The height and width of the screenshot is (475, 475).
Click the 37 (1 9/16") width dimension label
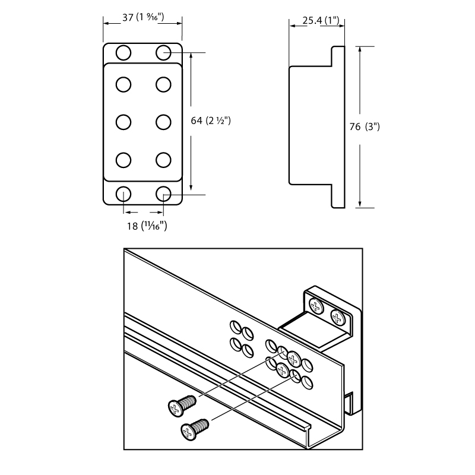(142, 17)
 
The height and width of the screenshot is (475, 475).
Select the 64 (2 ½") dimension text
(211, 121)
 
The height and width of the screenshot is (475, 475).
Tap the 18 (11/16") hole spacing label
(146, 226)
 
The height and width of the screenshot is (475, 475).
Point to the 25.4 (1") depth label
(321, 21)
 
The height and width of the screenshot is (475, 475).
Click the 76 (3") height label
(365, 127)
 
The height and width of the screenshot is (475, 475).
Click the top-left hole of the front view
(123, 52)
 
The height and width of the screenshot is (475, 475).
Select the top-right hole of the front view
(164, 52)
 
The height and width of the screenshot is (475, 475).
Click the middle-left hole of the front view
(123, 121)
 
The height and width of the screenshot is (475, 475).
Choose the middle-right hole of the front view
(164, 121)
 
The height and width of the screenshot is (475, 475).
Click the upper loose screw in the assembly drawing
(180, 406)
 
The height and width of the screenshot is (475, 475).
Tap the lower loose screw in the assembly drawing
(195, 428)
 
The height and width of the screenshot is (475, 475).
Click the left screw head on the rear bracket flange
(316, 306)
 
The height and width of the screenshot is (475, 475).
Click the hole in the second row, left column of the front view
(123, 84)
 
